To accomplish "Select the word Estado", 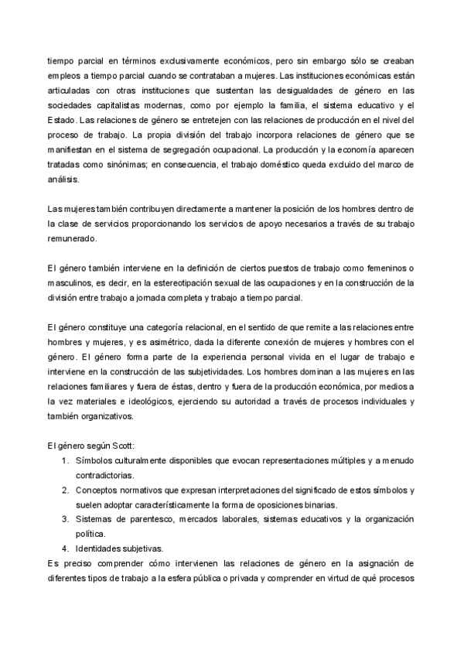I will [x=62, y=120].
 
